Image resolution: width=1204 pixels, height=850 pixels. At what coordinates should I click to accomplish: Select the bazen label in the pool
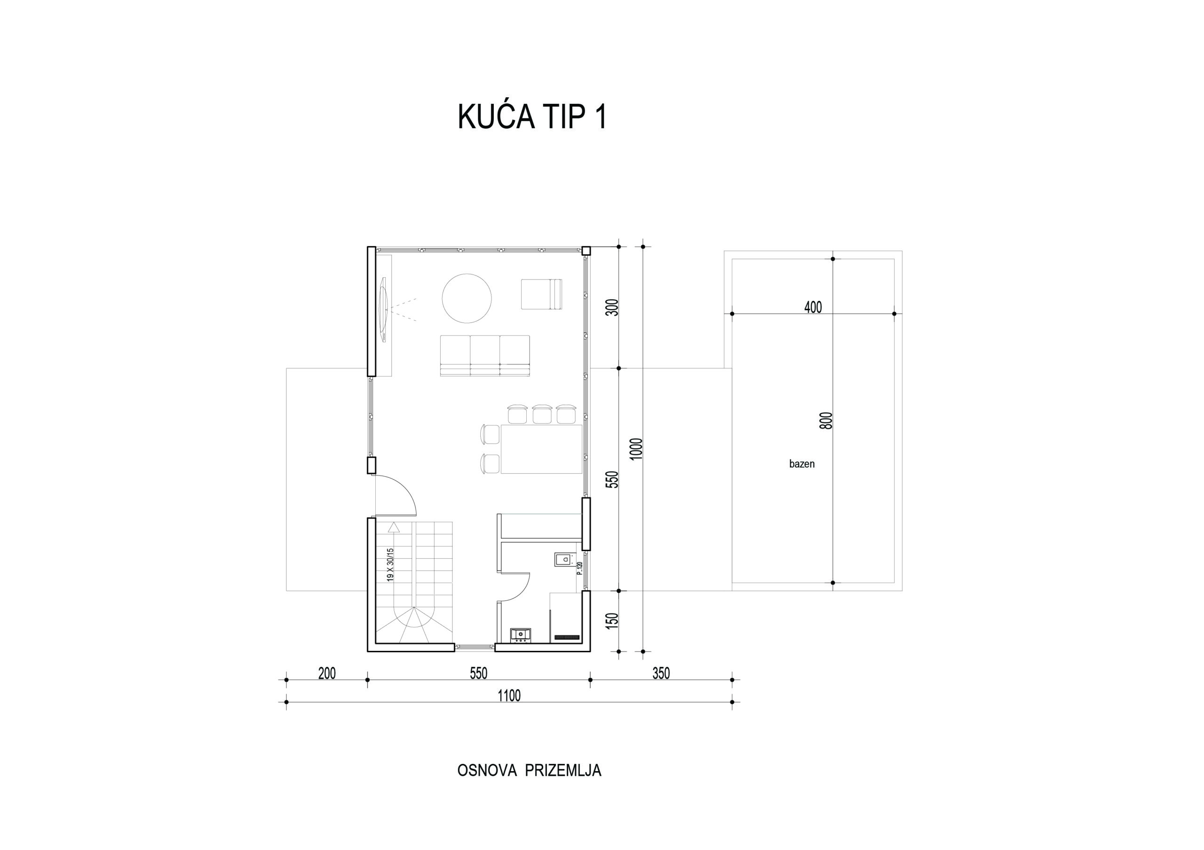[x=802, y=464]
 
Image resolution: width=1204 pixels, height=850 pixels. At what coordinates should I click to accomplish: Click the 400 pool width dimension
[x=813, y=307]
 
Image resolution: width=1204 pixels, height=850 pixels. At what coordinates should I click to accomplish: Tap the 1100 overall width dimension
[x=509, y=695]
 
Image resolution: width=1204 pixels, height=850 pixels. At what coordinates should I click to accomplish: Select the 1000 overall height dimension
[x=636, y=449]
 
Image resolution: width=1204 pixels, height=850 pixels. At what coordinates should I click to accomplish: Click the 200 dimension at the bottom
[x=327, y=673]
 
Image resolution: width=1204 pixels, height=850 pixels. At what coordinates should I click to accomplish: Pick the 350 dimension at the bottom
[x=661, y=673]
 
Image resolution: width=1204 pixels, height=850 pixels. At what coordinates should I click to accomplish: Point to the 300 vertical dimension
[x=612, y=307]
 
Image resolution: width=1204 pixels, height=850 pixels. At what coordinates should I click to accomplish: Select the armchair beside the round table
[x=541, y=294]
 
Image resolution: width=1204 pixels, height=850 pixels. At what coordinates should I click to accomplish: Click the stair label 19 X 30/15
[x=389, y=564]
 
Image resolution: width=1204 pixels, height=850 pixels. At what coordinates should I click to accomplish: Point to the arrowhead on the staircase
[x=394, y=527]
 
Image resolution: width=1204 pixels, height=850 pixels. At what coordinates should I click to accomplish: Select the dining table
[x=541, y=449]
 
